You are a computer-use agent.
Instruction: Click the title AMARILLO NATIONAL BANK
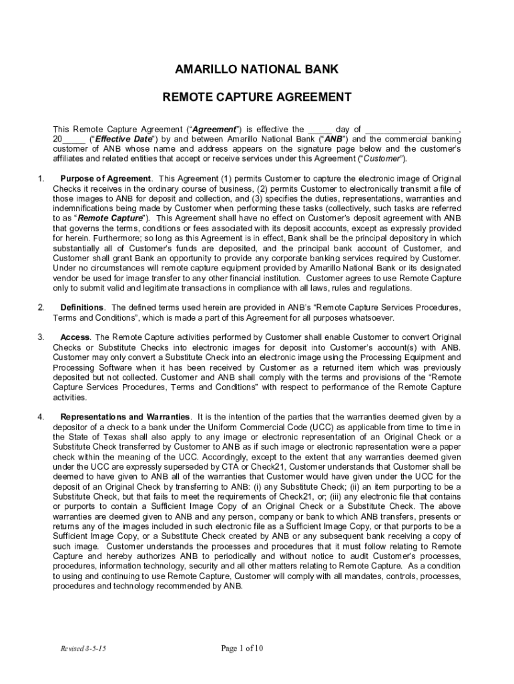257,69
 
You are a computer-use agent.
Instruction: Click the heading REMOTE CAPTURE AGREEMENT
257,98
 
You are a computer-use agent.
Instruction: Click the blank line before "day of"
320,130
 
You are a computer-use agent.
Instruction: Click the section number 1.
41,178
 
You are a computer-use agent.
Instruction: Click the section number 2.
41,307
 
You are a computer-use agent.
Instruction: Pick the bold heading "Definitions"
82,307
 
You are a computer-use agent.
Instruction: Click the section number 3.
41,337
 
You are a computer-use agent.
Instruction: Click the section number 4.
41,417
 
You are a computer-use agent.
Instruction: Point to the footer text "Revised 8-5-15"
83,649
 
